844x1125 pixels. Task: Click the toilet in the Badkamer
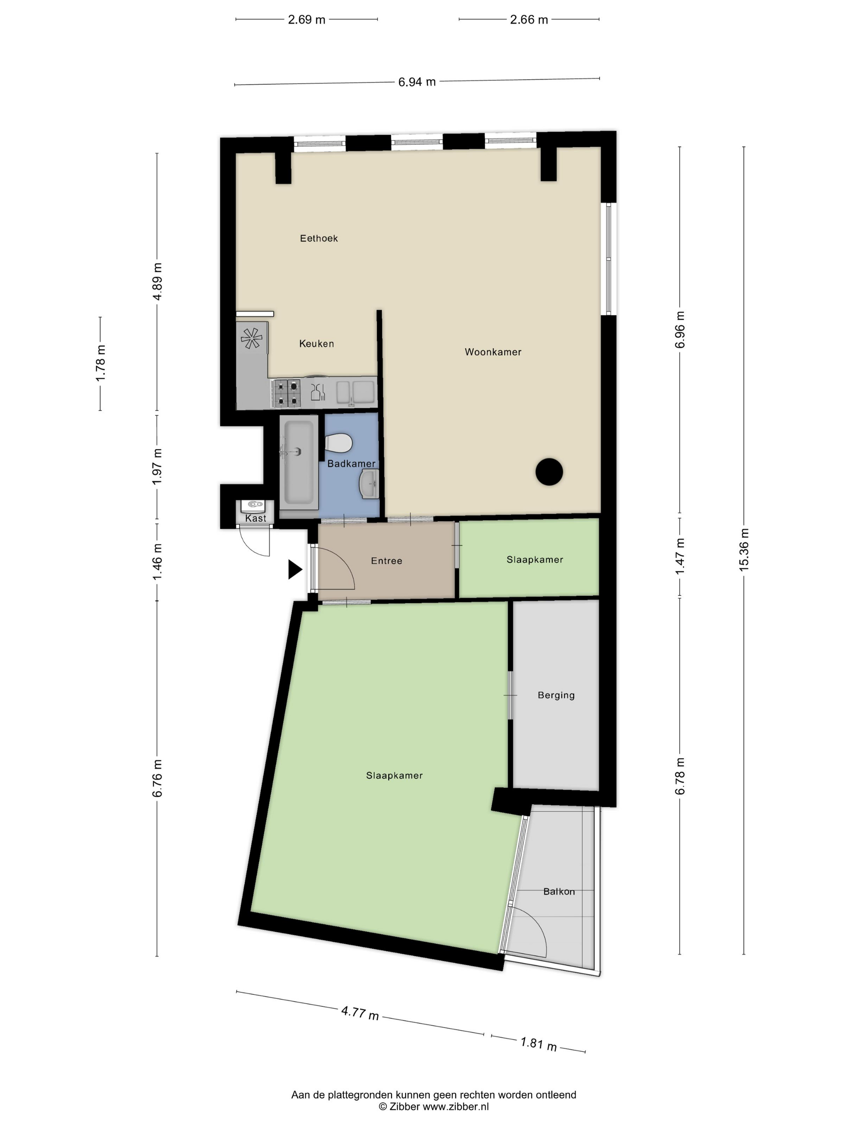click(x=338, y=442)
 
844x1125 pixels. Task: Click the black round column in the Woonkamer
click(x=549, y=471)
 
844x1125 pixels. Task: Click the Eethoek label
click(x=318, y=238)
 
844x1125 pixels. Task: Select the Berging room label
click(x=556, y=695)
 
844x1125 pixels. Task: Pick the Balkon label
click(x=559, y=891)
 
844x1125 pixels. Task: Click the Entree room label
click(x=386, y=561)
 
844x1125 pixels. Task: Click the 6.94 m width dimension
click(x=417, y=82)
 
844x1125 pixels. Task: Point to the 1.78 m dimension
click(x=101, y=363)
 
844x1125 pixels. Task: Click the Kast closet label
click(x=255, y=518)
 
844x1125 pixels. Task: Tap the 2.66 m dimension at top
click(x=529, y=20)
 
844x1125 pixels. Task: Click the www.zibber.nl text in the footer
click(x=456, y=1106)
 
